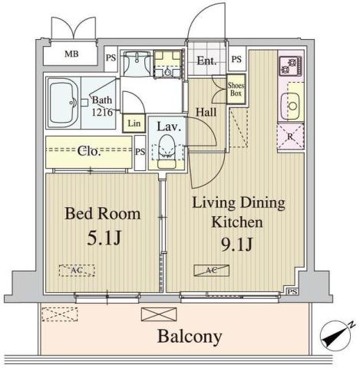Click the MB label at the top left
tap(71, 54)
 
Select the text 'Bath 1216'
tap(104, 104)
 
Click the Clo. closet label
tap(90, 151)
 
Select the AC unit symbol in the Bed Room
tap(77, 271)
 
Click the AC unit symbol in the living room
tap(209, 270)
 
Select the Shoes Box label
tap(236, 90)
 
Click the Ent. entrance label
tap(205, 61)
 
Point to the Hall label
tap(206, 112)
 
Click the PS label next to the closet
tap(140, 152)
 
